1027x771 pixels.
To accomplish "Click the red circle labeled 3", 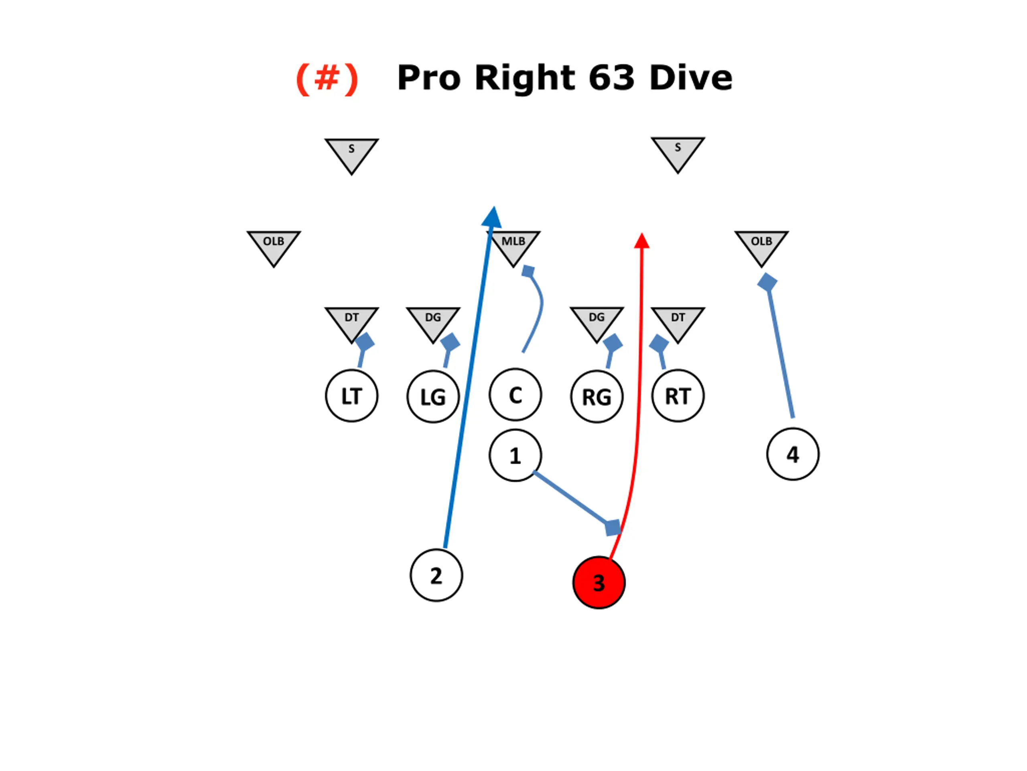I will click(x=599, y=582).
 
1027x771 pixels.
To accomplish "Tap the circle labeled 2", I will click(x=436, y=575).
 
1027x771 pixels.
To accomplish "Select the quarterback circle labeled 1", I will click(x=515, y=455).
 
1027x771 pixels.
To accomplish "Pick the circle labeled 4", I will click(x=793, y=454).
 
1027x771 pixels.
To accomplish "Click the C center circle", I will click(x=515, y=395).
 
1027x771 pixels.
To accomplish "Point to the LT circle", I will click(x=351, y=396).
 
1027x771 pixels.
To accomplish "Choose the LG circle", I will click(x=433, y=397).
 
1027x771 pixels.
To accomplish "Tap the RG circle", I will click(x=597, y=397).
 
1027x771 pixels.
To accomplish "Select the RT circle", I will click(x=678, y=396).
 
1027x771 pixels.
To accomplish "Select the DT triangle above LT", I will click(x=351, y=321).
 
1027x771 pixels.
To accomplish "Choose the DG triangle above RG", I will click(x=597, y=321).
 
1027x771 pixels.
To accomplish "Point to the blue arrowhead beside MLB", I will click(x=493, y=218).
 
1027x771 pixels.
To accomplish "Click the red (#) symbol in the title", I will click(x=327, y=78).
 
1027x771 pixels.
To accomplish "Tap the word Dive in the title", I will click(x=690, y=77).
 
